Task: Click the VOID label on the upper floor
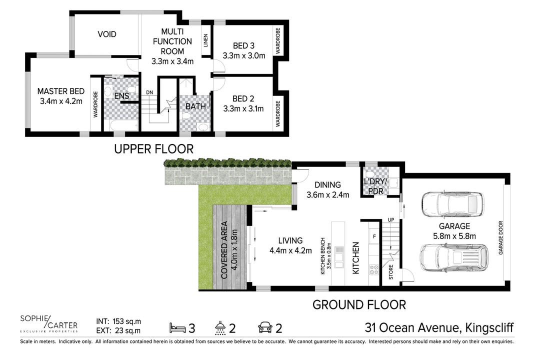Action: click(x=107, y=34)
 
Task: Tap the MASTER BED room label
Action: click(x=61, y=91)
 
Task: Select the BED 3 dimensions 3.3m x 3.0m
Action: click(x=244, y=56)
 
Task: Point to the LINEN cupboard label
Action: click(x=205, y=40)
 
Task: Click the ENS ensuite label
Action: click(x=121, y=96)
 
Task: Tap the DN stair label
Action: click(x=149, y=92)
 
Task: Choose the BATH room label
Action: click(x=195, y=106)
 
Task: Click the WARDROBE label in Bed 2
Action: click(x=277, y=113)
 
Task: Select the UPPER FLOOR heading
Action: click(x=153, y=149)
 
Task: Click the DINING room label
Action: click(x=327, y=185)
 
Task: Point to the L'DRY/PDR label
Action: click(x=375, y=186)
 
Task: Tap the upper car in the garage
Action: click(x=452, y=204)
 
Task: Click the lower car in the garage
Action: click(x=454, y=258)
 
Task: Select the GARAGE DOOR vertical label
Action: click(x=500, y=237)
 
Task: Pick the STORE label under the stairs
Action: click(x=391, y=272)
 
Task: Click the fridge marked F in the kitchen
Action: click(x=374, y=236)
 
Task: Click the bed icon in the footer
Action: click(x=177, y=327)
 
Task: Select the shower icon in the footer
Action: click(x=220, y=328)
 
